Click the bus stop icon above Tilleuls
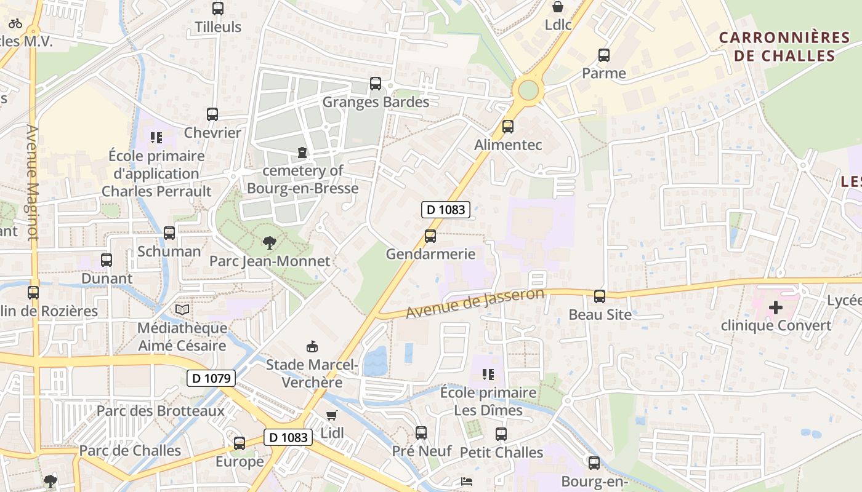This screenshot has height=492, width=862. (217, 9)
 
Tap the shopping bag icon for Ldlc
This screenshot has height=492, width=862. (558, 7)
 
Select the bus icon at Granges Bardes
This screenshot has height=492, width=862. (376, 84)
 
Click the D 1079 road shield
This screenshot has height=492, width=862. (211, 378)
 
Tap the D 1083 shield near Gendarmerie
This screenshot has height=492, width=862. (446, 210)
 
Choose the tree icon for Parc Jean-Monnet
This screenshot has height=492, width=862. (269, 244)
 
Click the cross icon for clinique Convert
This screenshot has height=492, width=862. (776, 307)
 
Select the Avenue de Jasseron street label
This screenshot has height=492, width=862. (475, 304)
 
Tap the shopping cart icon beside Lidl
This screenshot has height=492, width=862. (332, 415)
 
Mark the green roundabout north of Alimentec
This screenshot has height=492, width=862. (528, 90)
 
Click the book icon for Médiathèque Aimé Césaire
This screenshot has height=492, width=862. (182, 309)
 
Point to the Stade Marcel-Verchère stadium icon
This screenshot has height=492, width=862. (312, 347)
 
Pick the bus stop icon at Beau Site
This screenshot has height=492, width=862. (600, 296)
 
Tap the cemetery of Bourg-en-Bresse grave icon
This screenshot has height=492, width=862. (302, 152)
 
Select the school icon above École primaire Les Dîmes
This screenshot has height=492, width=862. (488, 375)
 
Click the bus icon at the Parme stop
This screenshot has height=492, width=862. (604, 55)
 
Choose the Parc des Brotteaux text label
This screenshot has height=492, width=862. (161, 411)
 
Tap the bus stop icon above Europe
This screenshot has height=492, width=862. (240, 443)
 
